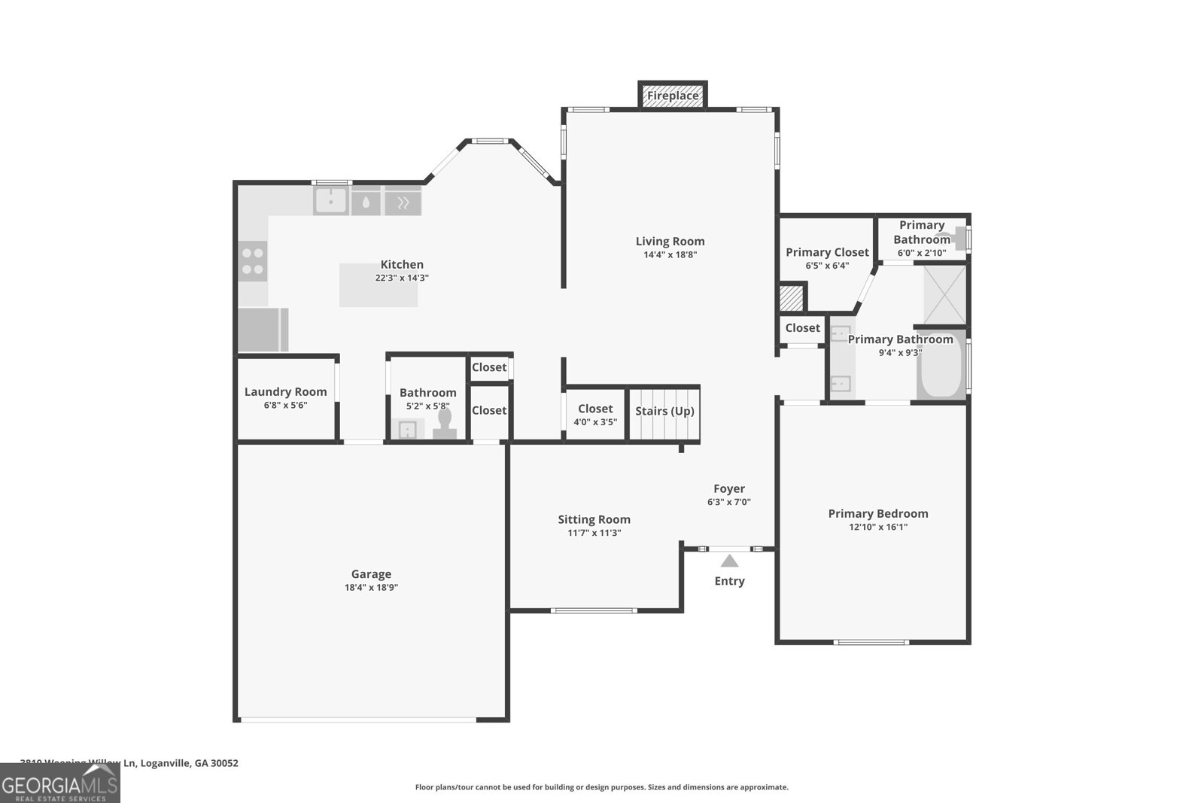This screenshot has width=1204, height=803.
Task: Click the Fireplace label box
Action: coord(673,96)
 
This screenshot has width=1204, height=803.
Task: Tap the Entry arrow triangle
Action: coord(729,561)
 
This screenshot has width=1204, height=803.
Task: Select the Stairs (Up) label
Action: coord(664,411)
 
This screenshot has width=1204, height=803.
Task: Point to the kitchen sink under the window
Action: coord(330,201)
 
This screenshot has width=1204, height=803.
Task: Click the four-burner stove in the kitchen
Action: coord(253,261)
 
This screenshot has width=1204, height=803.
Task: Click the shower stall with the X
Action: coord(944,294)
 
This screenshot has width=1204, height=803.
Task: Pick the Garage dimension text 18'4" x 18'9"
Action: coord(371,588)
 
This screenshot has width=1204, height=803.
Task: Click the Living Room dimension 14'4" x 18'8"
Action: coord(670,254)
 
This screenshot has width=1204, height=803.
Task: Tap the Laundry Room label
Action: coord(285,391)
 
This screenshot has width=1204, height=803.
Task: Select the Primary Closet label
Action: coord(827,252)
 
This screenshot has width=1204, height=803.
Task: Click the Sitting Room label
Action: coord(594,519)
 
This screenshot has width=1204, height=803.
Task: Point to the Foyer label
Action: coord(729,488)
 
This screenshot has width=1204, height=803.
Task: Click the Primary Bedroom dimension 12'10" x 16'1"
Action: coord(878,527)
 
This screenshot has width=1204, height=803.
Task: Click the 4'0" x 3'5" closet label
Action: coord(595,422)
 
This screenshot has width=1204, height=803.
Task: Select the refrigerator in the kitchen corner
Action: coord(261,330)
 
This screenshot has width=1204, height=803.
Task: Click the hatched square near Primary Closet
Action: coord(791,297)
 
